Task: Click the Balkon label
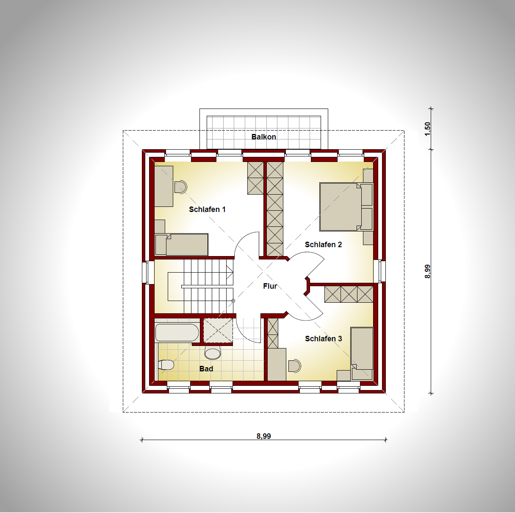[x=263, y=137]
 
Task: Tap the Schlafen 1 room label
[x=207, y=209]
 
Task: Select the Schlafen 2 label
[x=323, y=244]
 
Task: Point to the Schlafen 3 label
[x=324, y=338]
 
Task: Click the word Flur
[x=270, y=286]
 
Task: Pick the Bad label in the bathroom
[x=206, y=369]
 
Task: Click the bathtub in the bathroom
[x=177, y=333]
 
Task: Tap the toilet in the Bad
[x=166, y=365]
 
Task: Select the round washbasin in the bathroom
[x=213, y=352]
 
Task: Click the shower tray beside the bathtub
[x=218, y=330]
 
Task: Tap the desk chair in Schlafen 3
[x=295, y=365]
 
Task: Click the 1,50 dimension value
[x=428, y=129]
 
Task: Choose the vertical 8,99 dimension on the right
[x=428, y=271]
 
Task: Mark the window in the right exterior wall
[x=382, y=271]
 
